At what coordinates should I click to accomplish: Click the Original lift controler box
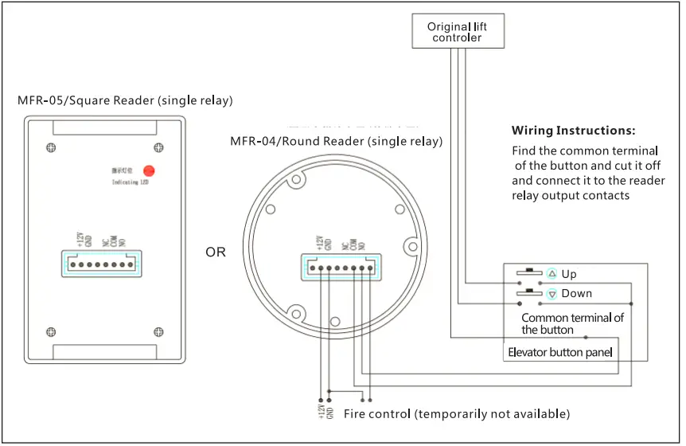457,32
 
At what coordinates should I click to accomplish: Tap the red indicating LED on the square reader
148,170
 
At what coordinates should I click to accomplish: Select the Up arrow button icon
552,274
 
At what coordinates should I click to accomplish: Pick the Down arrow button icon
552,294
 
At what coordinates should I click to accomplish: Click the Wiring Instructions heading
573,131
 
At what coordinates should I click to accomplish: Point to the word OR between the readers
216,252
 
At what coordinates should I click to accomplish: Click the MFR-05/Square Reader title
125,100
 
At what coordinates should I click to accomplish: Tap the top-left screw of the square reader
51,147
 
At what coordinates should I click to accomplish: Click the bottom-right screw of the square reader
158,332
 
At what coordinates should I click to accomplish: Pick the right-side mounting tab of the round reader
411,245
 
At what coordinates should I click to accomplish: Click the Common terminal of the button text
572,323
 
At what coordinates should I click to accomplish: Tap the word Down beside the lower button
576,294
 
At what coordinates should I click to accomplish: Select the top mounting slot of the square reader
104,126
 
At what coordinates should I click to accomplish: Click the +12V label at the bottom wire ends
320,412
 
